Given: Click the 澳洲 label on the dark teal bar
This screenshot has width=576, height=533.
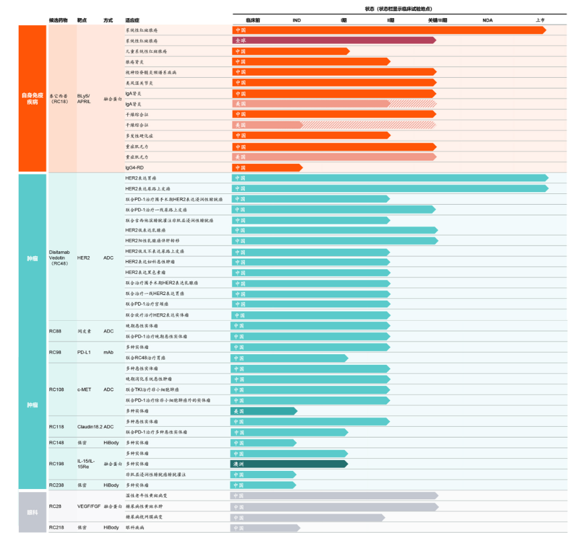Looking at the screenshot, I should tap(240, 464).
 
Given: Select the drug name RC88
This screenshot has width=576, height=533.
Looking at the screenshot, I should tap(55, 331).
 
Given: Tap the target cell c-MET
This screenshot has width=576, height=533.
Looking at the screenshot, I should tap(84, 389).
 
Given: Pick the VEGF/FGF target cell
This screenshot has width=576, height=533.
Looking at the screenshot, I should tap(88, 506).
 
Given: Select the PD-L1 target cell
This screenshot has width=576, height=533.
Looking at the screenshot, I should tap(84, 352).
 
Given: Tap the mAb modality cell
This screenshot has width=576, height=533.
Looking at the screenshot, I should tap(108, 352).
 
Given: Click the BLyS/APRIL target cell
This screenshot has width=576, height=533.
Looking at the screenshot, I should tap(84, 99).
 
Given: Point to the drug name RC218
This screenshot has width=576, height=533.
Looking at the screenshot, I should tap(56, 527).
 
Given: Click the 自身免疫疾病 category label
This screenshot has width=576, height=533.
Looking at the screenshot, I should tap(32, 99).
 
